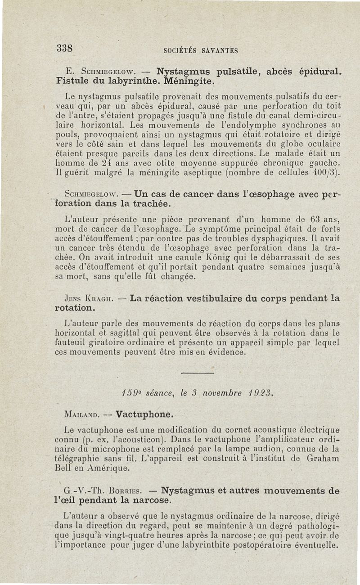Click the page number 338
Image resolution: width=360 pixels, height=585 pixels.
(x=65, y=48)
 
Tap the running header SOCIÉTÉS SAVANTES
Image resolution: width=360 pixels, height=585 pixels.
(x=200, y=51)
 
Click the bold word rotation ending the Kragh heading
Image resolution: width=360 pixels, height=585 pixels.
(x=74, y=309)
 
